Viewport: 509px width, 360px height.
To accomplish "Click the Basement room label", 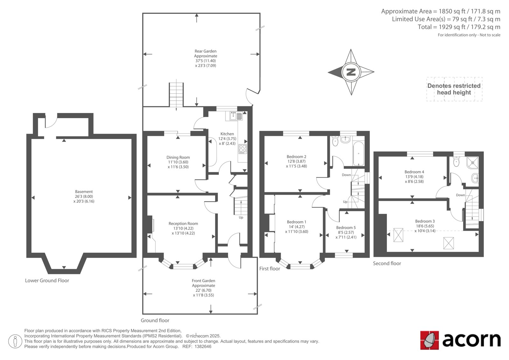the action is point(84,192).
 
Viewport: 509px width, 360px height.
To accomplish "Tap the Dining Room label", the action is point(178,157).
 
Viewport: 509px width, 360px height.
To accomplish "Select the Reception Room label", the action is point(183,223).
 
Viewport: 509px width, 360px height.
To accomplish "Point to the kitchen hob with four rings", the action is point(242,149).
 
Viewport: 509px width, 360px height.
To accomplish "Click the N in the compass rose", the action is point(351,72).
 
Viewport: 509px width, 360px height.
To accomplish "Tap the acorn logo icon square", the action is point(429,340).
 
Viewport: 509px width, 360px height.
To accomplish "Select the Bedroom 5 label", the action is point(346,228).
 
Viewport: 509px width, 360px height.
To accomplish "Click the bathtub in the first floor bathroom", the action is point(359,154).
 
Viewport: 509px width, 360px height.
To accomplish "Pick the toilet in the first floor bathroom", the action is point(335,141).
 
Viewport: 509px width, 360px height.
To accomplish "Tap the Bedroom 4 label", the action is point(414,172).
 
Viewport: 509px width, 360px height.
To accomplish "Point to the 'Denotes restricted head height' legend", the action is point(454,89).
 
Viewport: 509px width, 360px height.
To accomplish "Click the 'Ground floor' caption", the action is point(155,321).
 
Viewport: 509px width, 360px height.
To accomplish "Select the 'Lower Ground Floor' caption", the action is point(47,280).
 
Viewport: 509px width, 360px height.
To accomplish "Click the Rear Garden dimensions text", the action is point(206,63).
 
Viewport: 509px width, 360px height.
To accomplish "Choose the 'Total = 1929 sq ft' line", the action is point(459,27).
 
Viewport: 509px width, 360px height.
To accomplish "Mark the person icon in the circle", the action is point(15,341).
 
